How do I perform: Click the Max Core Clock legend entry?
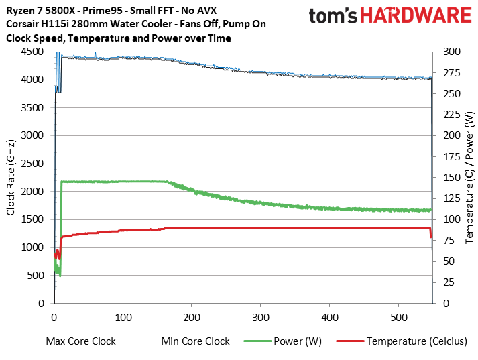coord(80,341)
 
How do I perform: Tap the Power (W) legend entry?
coord(298,341)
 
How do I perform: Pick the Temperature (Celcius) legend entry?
coord(416,341)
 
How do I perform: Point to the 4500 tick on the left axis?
coord(34,52)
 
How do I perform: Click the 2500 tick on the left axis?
coord(34,164)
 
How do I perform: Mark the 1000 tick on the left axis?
coord(34,247)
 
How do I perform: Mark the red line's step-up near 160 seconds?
coord(164,229)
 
